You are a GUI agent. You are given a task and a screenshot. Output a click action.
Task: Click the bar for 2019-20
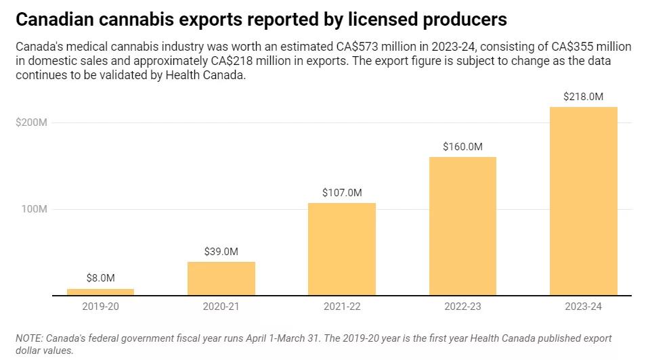[x=100, y=292]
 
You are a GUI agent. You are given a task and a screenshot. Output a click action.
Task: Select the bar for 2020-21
[x=221, y=278]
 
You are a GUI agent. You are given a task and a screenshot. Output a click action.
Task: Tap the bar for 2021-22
[x=341, y=249]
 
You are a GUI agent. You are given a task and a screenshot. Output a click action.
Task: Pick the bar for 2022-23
[x=462, y=226]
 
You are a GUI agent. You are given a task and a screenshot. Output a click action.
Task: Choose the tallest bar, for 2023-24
[x=583, y=201]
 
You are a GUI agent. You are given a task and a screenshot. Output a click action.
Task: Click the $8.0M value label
[x=100, y=277]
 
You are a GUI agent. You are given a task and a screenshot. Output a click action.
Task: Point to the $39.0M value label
[x=221, y=251]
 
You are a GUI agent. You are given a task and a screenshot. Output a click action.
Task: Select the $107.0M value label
[x=341, y=192]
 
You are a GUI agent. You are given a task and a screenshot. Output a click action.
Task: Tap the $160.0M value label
[x=462, y=146]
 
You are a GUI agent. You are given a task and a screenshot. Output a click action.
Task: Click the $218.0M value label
[x=583, y=97]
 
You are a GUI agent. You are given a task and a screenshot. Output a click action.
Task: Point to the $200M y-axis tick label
[x=32, y=122]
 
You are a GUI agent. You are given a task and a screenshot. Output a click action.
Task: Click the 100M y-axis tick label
[x=34, y=209]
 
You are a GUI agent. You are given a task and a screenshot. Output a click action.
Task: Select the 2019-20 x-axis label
[x=100, y=307]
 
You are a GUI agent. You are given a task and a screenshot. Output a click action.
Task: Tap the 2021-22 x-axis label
[x=341, y=307]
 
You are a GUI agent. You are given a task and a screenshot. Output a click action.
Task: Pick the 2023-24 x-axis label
[x=583, y=307]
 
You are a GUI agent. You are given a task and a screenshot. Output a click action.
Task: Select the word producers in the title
[x=462, y=20]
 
